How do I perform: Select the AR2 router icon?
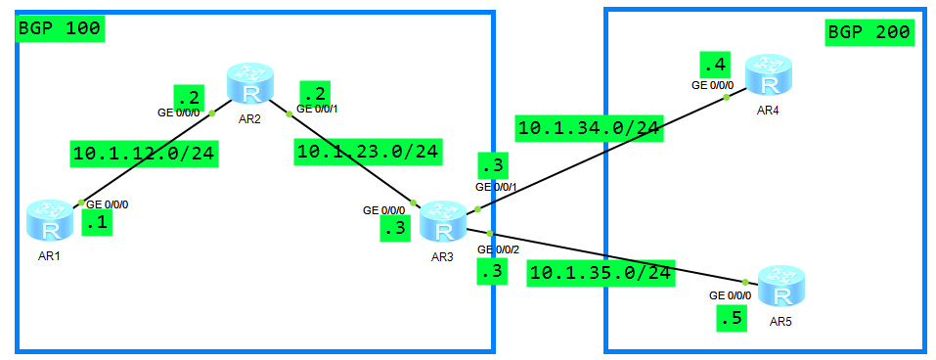(252, 84)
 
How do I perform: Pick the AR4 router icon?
(768, 74)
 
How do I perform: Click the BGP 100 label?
(59, 28)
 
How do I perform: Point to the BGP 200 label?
(869, 32)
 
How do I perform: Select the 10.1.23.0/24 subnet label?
(368, 151)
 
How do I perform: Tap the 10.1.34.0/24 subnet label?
(590, 127)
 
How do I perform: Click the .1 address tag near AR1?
(98, 224)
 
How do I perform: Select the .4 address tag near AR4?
(713, 66)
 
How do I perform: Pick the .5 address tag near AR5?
(730, 318)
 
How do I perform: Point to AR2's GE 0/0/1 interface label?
(319, 109)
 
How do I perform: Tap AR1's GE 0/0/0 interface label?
(108, 204)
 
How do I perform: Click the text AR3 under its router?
(443, 257)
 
